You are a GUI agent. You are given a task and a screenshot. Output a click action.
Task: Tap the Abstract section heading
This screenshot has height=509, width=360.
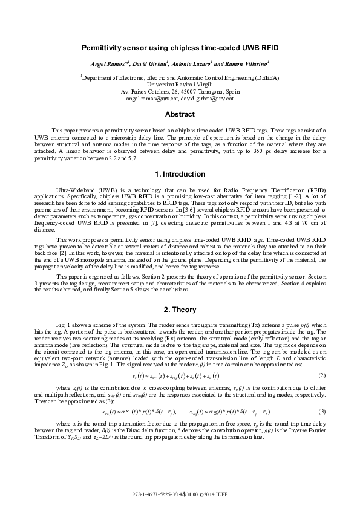pyautogui.click(x=180, y=114)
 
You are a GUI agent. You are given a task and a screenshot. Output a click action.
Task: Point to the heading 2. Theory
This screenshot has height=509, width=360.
pyautogui.click(x=180, y=310)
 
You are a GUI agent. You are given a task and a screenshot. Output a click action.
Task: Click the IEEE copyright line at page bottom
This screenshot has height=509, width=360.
pyautogui.click(x=180, y=494)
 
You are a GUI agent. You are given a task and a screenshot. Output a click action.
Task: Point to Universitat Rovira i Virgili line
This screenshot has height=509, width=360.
pyautogui.click(x=180, y=85)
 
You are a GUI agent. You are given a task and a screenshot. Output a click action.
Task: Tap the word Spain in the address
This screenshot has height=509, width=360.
pyautogui.click(x=233, y=91)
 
